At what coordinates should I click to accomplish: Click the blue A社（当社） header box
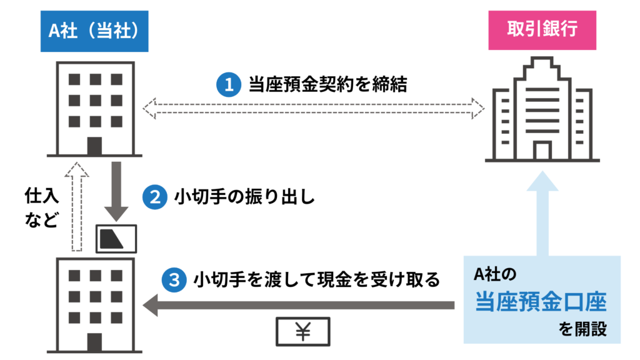click(x=96, y=31)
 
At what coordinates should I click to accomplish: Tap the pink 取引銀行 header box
click(x=542, y=31)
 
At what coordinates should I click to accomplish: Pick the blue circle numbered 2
click(x=153, y=198)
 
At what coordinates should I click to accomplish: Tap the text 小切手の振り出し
click(x=244, y=198)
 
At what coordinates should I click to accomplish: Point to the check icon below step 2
click(x=116, y=236)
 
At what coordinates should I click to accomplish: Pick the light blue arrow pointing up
click(x=541, y=212)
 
